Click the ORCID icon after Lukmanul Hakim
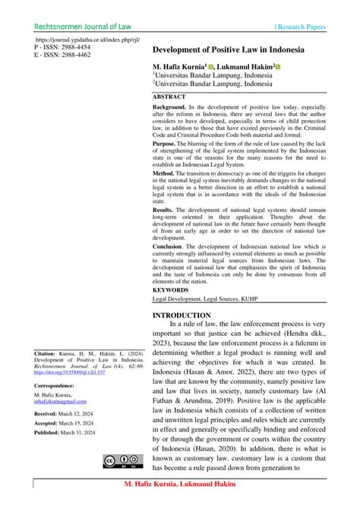(279, 67)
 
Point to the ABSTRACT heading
(169, 98)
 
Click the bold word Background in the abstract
(171, 109)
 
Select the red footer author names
(179, 484)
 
